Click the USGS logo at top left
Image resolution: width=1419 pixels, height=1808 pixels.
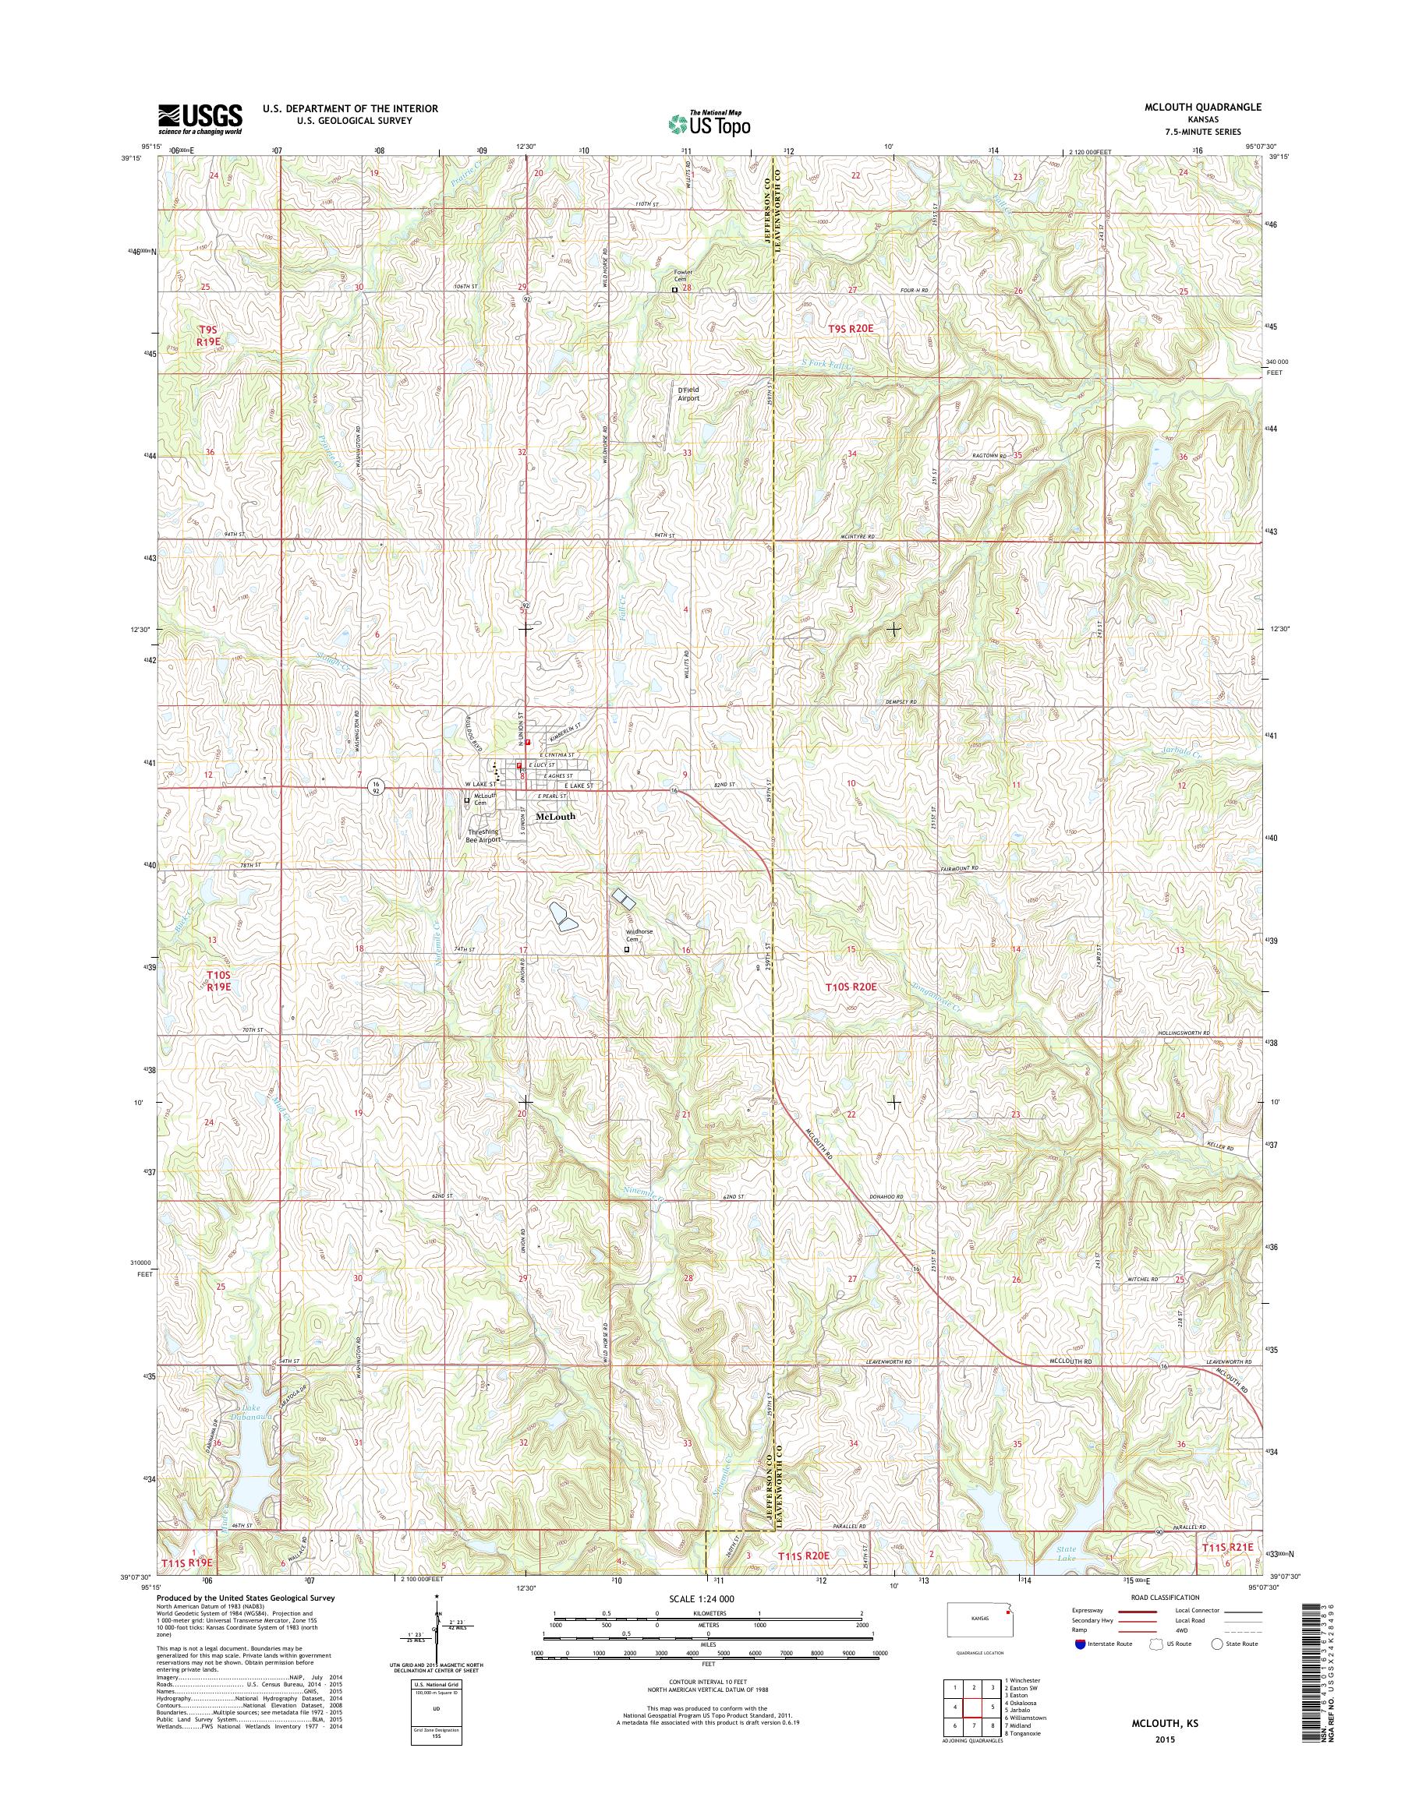coord(200,119)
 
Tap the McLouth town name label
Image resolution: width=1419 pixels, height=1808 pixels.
coord(556,817)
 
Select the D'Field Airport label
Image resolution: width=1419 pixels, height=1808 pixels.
coord(687,394)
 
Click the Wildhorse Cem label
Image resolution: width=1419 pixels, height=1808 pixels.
coord(639,935)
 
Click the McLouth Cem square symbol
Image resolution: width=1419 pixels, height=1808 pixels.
coord(467,801)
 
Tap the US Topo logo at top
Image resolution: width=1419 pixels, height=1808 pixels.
coord(709,123)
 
